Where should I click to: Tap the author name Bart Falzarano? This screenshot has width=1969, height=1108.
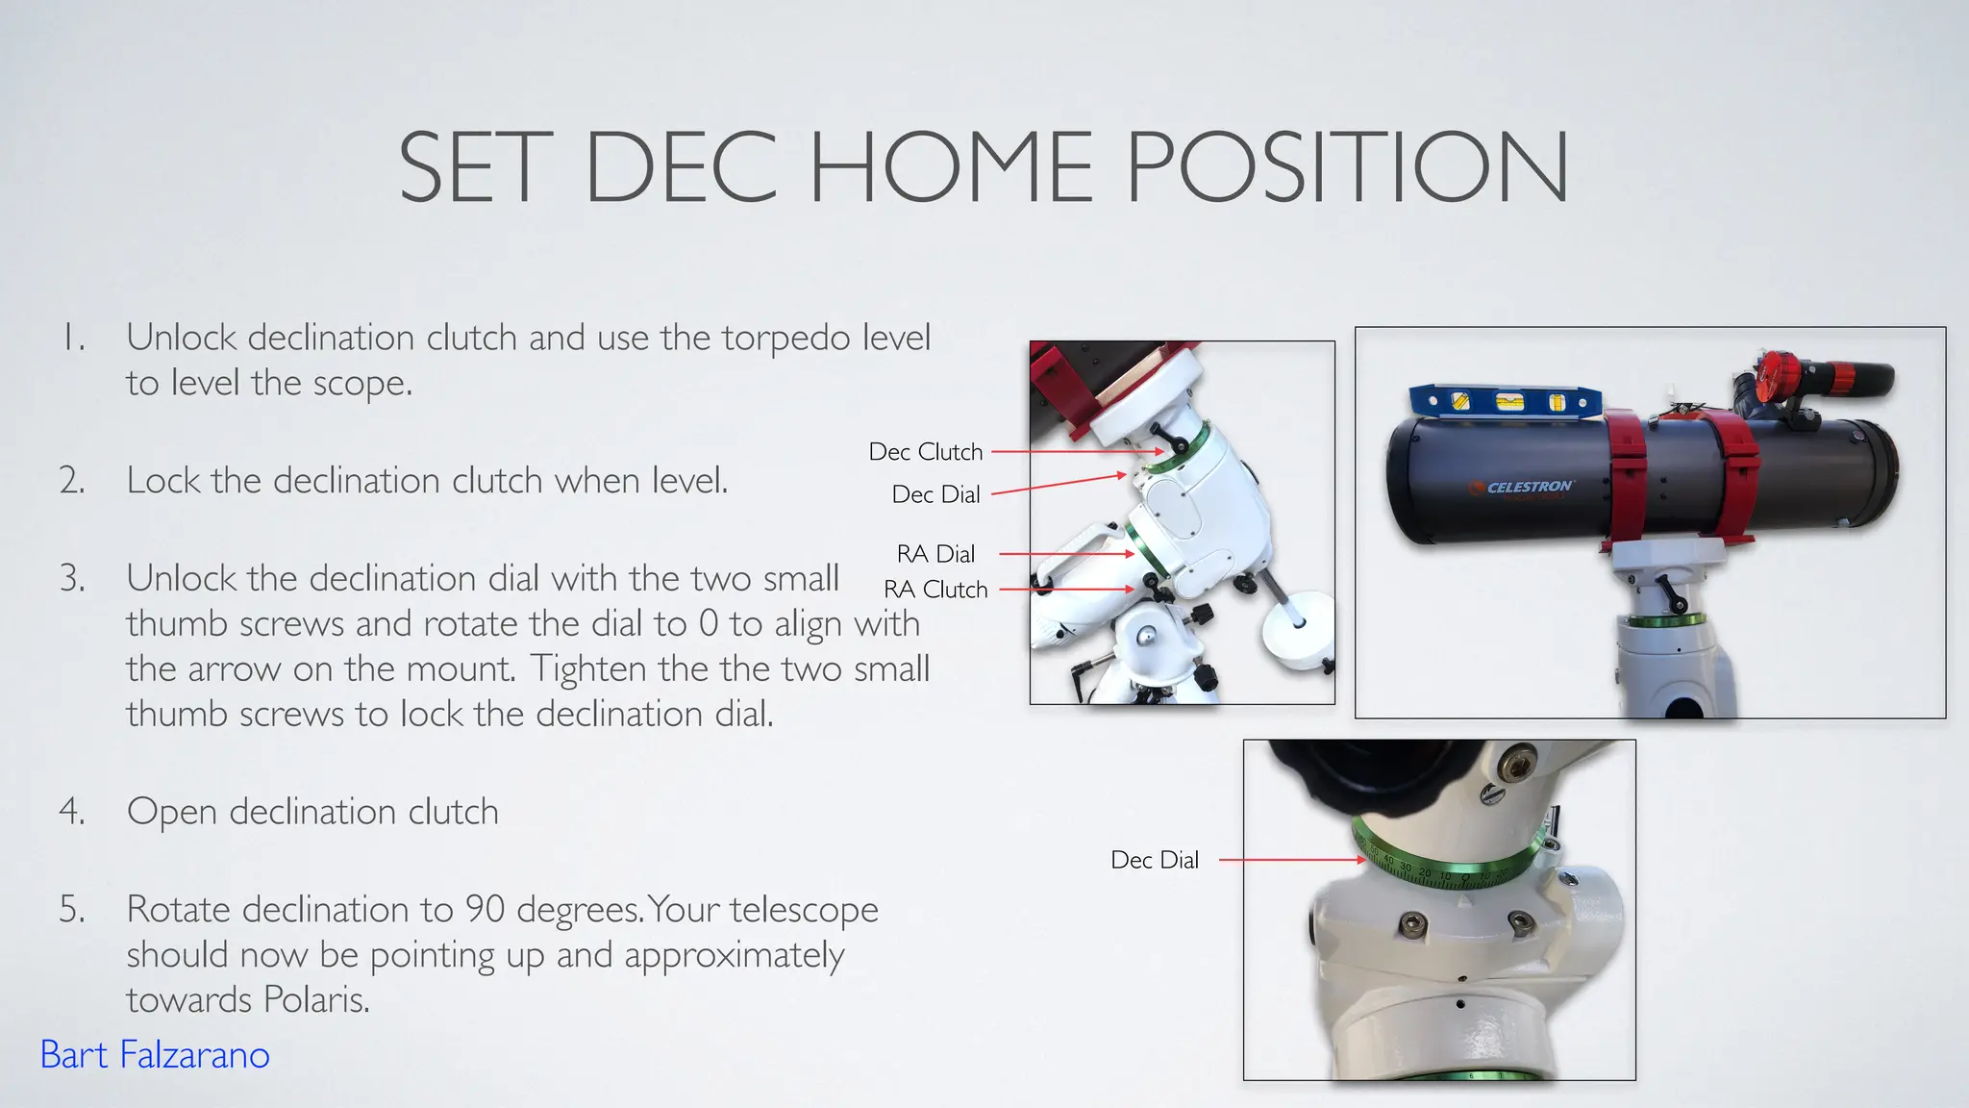pyautogui.click(x=155, y=1055)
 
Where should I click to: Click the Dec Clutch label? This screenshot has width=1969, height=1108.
pyautogui.click(x=926, y=452)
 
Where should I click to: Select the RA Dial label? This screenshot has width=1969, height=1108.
pyautogui.click(x=935, y=554)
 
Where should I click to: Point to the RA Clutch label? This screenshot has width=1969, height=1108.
pyautogui.click(x=935, y=590)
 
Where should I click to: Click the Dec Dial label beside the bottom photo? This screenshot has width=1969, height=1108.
pyautogui.click(x=1155, y=860)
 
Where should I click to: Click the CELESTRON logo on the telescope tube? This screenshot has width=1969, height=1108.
pyautogui.click(x=1527, y=488)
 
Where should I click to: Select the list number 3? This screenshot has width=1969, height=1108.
pyautogui.click(x=72, y=578)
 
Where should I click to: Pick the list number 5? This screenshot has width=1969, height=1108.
pyautogui.click(x=72, y=909)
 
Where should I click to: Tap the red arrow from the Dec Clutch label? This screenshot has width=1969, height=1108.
pyautogui.click(x=1077, y=452)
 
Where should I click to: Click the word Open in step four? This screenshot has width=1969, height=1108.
pyautogui.click(x=172, y=813)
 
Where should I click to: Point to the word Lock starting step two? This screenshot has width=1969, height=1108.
pyautogui.click(x=163, y=480)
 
